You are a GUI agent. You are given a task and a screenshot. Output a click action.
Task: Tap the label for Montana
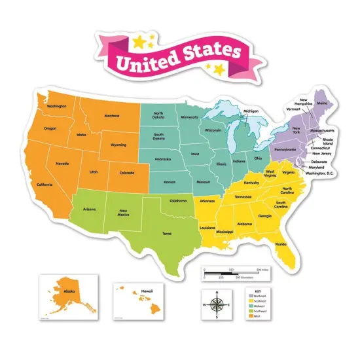pos(112,117)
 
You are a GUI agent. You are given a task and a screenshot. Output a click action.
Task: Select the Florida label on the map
pos(281,244)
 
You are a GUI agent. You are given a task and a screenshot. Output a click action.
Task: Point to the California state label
pos(45,185)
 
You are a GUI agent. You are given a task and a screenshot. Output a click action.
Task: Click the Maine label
pos(322,103)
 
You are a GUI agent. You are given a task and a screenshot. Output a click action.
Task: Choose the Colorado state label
pos(128,173)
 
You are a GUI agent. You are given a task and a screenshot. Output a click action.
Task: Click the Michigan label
pos(251,111)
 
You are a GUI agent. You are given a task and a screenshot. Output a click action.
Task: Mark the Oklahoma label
pos(178,201)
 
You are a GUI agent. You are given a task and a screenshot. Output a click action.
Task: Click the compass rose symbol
pos(217,304)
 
